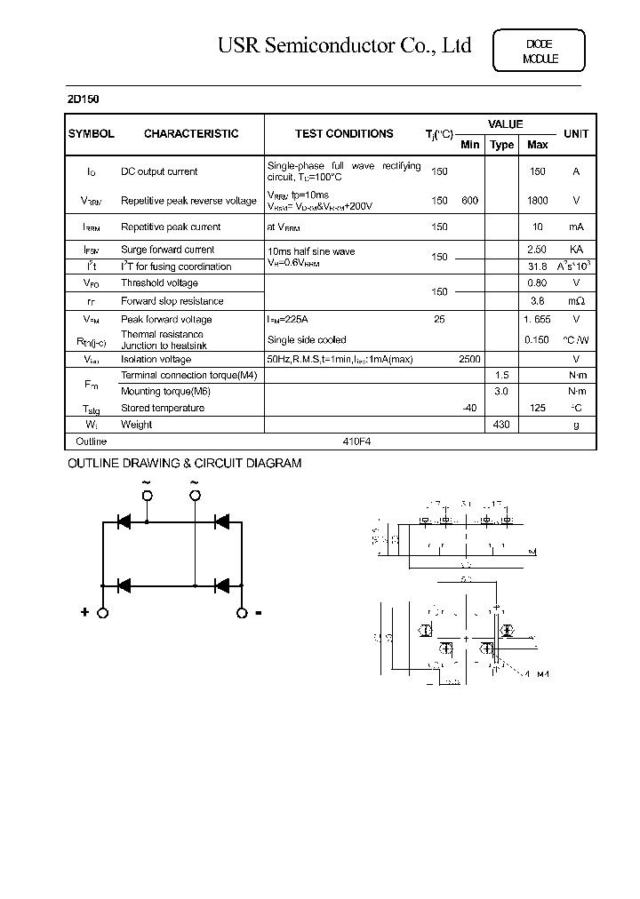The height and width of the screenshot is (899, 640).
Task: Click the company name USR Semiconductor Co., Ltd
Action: click(344, 46)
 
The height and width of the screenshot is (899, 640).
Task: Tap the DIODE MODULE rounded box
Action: click(539, 52)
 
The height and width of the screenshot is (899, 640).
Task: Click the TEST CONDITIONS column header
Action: click(344, 134)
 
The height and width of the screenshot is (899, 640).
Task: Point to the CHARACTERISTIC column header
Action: click(191, 134)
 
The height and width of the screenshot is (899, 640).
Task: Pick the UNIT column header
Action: click(575, 134)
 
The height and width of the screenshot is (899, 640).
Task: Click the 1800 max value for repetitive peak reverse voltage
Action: click(537, 201)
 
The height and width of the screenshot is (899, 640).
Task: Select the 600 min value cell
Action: click(469, 201)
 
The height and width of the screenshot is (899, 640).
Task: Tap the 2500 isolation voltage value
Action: click(469, 360)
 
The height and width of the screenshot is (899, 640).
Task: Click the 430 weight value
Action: click(502, 425)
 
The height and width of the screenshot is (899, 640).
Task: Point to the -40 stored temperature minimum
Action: click(469, 408)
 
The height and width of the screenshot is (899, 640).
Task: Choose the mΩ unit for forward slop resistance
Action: click(575, 301)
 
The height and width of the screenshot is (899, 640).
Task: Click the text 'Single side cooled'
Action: click(307, 340)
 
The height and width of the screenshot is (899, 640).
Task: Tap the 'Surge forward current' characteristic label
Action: click(168, 251)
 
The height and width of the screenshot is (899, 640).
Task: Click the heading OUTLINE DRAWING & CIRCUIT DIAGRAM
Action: click(185, 464)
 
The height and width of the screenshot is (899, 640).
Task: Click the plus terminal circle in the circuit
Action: click(103, 613)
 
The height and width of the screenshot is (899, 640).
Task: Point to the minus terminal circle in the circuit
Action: click(241, 613)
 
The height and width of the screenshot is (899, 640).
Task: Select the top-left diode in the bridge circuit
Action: click(125, 521)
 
